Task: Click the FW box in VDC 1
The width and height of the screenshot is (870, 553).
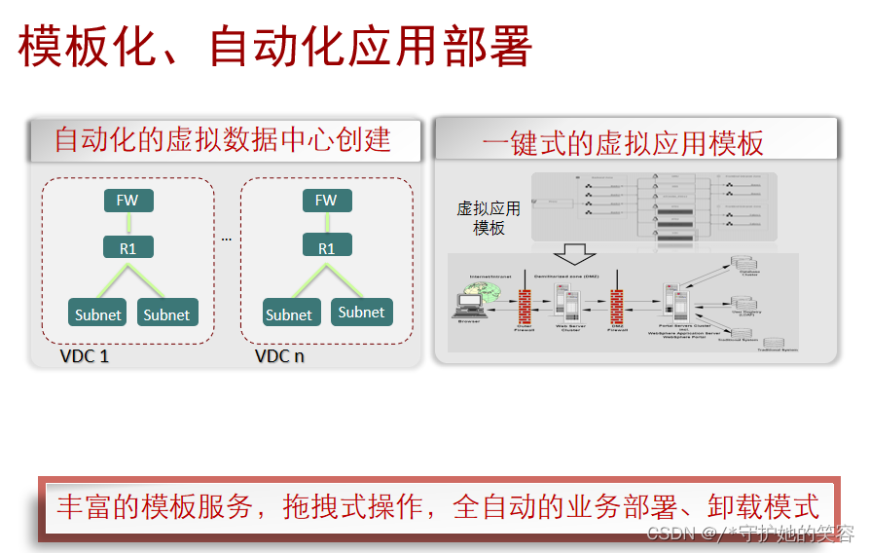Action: coord(127,201)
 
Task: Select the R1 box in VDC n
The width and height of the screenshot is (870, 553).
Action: coord(326,247)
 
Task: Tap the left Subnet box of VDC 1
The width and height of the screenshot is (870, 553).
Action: coord(98,313)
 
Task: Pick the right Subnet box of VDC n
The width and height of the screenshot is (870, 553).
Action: coord(361,312)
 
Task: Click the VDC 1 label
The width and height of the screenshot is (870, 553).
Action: coord(85,355)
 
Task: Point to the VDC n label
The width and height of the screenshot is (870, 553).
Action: coord(279,355)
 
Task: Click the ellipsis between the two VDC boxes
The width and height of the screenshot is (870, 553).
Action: coord(227,239)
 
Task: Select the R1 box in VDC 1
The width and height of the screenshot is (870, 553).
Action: coord(127,247)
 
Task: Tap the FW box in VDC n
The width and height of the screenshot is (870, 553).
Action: coord(326,201)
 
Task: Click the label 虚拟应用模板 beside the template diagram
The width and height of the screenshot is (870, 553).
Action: coord(489,218)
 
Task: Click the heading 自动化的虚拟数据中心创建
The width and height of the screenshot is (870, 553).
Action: coord(223,140)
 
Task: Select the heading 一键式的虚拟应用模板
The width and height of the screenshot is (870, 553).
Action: coord(623,144)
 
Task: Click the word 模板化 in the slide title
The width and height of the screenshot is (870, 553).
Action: coord(74,46)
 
